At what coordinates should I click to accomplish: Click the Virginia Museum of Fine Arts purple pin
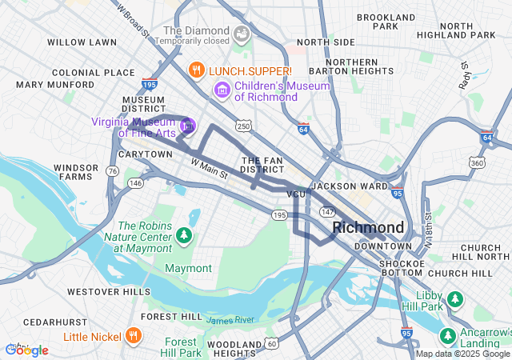[188, 125]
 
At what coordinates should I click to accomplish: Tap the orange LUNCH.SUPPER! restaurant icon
[195, 70]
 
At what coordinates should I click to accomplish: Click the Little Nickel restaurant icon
[134, 336]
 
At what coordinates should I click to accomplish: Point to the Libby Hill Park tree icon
[455, 298]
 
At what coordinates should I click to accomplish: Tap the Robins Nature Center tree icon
[184, 235]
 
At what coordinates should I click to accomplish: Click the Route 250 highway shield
[244, 126]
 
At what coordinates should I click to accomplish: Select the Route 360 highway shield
[477, 163]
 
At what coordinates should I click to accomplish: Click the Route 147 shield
[327, 211]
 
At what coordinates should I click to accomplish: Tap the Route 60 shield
[272, 344]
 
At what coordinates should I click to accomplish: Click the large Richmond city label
[368, 228]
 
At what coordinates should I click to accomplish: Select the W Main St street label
[210, 168]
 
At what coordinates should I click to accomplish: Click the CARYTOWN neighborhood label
[145, 154]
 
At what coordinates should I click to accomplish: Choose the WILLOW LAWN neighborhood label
[82, 42]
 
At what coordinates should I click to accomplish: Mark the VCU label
[296, 194]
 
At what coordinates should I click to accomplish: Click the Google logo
[26, 350]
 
